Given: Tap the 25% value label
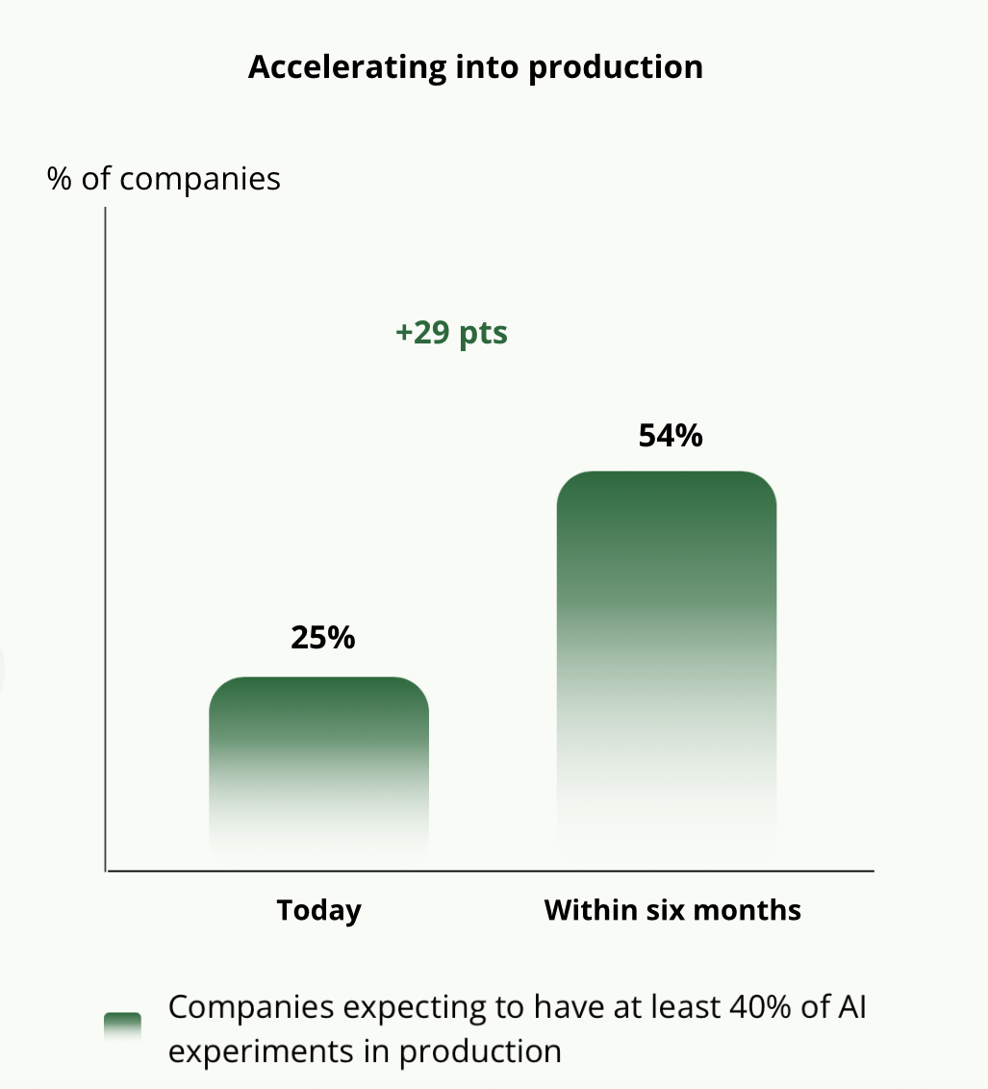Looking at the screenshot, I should [323, 637].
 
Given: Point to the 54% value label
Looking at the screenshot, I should [671, 436].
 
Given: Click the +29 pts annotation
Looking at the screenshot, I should [451, 333].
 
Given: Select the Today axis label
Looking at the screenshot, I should [318, 910].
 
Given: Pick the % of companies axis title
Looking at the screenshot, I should [164, 179].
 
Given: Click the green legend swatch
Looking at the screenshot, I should [123, 1026].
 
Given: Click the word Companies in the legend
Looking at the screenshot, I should [252, 1007].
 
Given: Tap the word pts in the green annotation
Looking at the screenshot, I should [482, 333].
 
